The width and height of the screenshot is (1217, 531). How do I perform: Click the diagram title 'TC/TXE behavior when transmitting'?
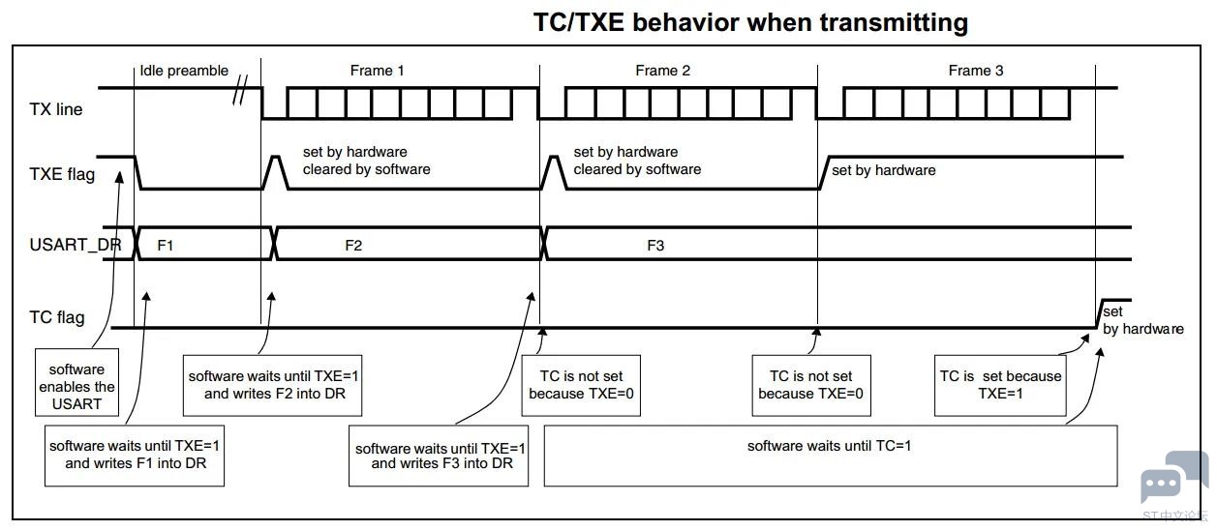tap(750, 22)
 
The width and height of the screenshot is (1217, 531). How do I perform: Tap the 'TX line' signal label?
tap(56, 109)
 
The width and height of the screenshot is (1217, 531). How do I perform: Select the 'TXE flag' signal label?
tap(62, 175)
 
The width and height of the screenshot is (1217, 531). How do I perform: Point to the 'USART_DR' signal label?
tap(76, 245)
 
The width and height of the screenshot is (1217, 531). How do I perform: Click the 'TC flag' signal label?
tap(57, 317)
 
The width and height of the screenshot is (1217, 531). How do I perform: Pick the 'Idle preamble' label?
tap(184, 71)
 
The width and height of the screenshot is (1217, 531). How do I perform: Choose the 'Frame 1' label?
tap(378, 71)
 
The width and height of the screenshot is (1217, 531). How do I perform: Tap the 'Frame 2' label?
tap(663, 71)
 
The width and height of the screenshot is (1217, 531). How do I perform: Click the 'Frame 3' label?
tap(976, 71)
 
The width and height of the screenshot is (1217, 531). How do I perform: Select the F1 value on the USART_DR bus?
tap(166, 246)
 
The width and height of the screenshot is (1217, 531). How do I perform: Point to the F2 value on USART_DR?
tap(353, 246)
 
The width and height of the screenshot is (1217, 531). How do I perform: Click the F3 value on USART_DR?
tap(655, 246)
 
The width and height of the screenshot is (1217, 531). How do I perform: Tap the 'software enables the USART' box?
tap(76, 386)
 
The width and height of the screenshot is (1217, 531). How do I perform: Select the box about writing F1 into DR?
tap(136, 455)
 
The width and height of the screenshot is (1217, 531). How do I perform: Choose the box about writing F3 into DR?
tap(441, 456)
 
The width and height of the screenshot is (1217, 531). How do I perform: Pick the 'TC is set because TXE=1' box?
tap(1000, 385)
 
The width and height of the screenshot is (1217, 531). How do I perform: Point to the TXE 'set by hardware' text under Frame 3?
tap(884, 170)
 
